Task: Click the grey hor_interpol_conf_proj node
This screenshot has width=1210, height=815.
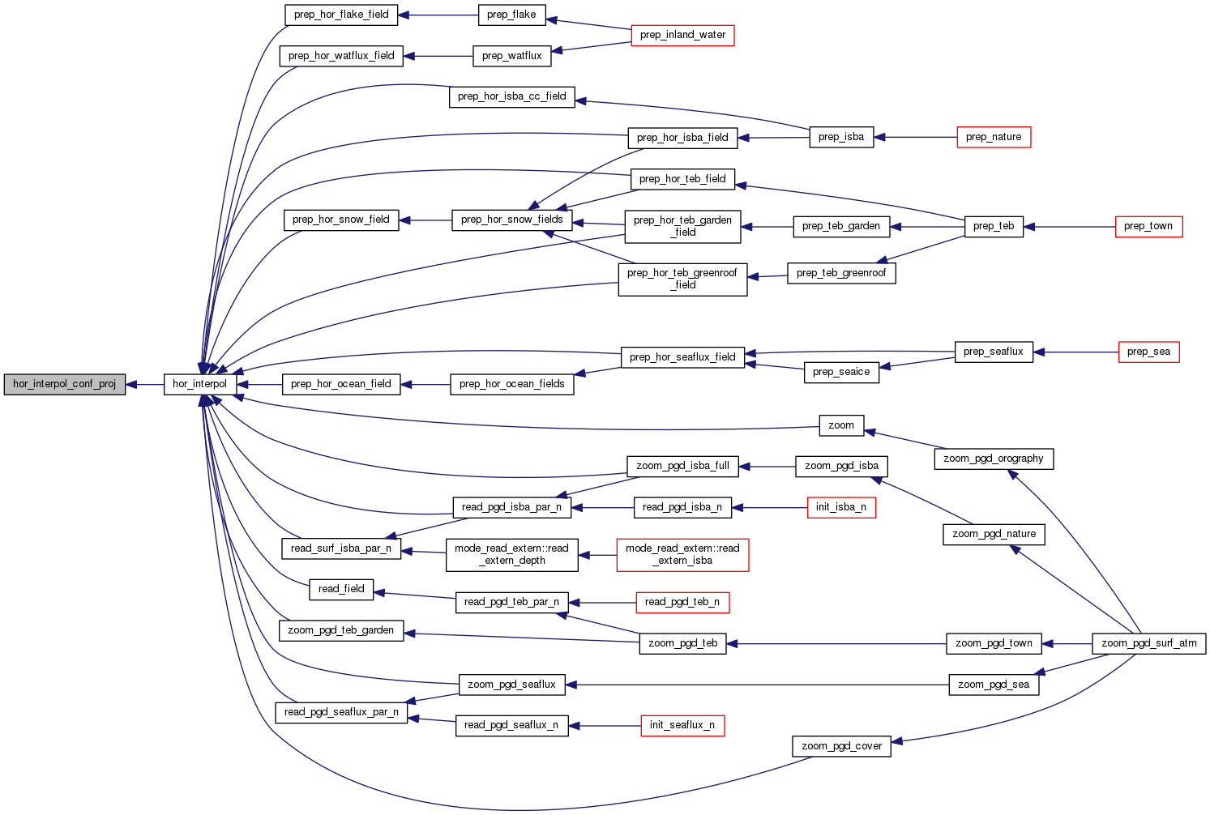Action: [x=65, y=384]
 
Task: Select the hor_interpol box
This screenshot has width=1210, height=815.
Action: [x=199, y=384]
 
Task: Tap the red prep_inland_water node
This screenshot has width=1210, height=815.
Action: [x=682, y=35]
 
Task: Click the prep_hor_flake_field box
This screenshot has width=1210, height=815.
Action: [x=341, y=15]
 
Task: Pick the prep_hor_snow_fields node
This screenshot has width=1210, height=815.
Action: [x=511, y=220]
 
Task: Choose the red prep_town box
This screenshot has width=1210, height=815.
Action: [x=1148, y=226]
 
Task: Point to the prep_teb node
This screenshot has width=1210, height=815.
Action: [x=994, y=226]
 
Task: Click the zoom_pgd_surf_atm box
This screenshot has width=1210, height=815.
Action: [x=1148, y=643]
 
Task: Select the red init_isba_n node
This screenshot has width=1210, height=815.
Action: [x=840, y=507]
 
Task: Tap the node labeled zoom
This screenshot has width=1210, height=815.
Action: [x=840, y=425]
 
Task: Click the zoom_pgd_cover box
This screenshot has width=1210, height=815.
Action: [x=841, y=746]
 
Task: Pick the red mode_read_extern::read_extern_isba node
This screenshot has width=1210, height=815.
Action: [x=682, y=555]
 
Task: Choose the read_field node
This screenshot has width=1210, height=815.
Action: [x=341, y=589]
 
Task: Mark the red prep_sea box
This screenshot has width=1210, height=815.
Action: [x=1148, y=352]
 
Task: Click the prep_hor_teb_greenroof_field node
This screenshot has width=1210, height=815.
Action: [x=682, y=279]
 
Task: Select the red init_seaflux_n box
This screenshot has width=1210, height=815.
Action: [x=682, y=725]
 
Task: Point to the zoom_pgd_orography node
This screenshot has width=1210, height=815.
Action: [x=993, y=459]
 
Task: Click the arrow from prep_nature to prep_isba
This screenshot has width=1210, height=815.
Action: [x=916, y=138]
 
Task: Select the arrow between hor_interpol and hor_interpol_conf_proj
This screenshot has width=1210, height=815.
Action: [x=145, y=385]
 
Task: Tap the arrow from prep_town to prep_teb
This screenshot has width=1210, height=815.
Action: [x=1070, y=227]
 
